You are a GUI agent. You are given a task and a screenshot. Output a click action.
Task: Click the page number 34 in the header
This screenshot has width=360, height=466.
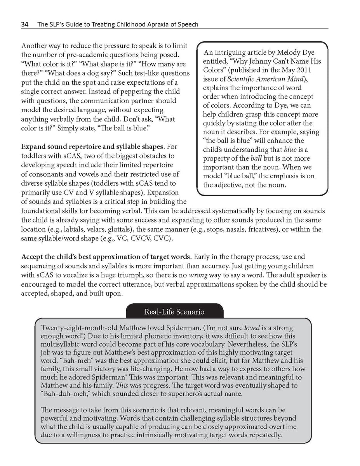click(25, 24)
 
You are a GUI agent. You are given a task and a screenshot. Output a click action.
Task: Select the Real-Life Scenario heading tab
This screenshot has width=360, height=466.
click(174, 312)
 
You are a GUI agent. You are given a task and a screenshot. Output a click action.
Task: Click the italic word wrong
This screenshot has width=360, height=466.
click(198, 275)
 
